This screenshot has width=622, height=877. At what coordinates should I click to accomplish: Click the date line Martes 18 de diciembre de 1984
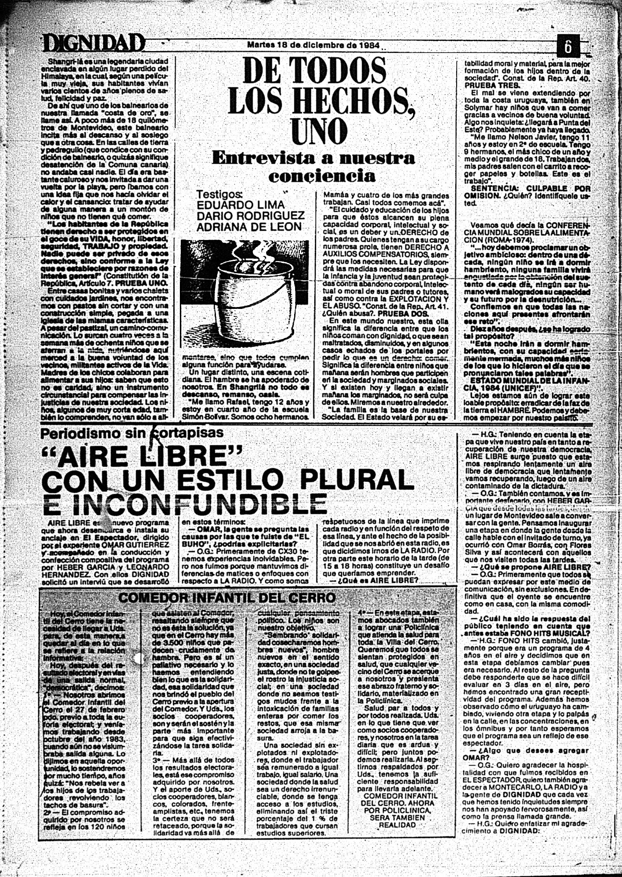[314, 45]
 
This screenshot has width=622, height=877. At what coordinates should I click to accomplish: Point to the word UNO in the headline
[318, 131]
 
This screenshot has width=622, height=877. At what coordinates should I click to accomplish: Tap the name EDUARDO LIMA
[240, 205]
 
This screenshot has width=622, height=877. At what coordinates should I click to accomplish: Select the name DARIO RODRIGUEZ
[250, 216]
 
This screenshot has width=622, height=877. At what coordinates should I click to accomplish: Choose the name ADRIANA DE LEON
[249, 227]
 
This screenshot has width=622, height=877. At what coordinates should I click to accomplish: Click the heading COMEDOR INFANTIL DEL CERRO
[227, 598]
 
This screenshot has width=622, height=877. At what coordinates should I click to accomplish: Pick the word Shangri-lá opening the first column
[64, 61]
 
